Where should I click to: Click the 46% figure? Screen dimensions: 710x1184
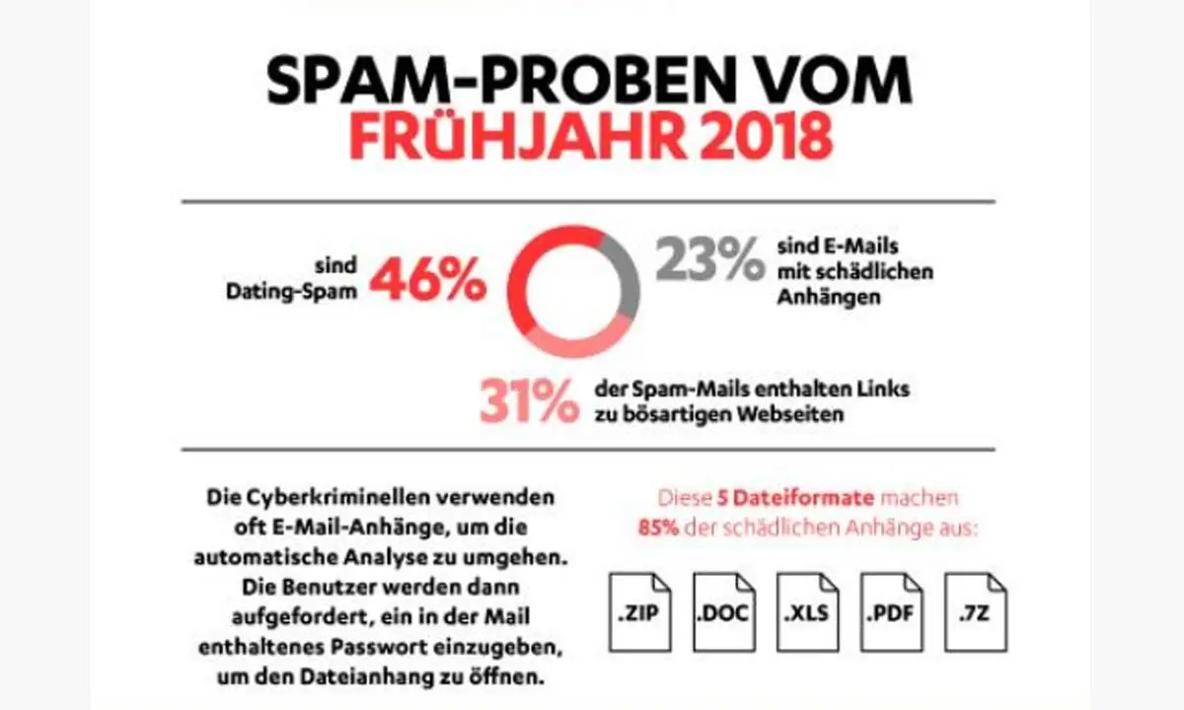(x=428, y=280)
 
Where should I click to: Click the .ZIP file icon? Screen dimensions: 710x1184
(x=637, y=612)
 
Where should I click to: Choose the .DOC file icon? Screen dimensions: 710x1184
(x=721, y=612)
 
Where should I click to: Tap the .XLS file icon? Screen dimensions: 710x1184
(x=806, y=612)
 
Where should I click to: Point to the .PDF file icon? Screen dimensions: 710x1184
(x=890, y=612)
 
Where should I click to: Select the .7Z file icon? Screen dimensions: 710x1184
(x=975, y=612)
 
